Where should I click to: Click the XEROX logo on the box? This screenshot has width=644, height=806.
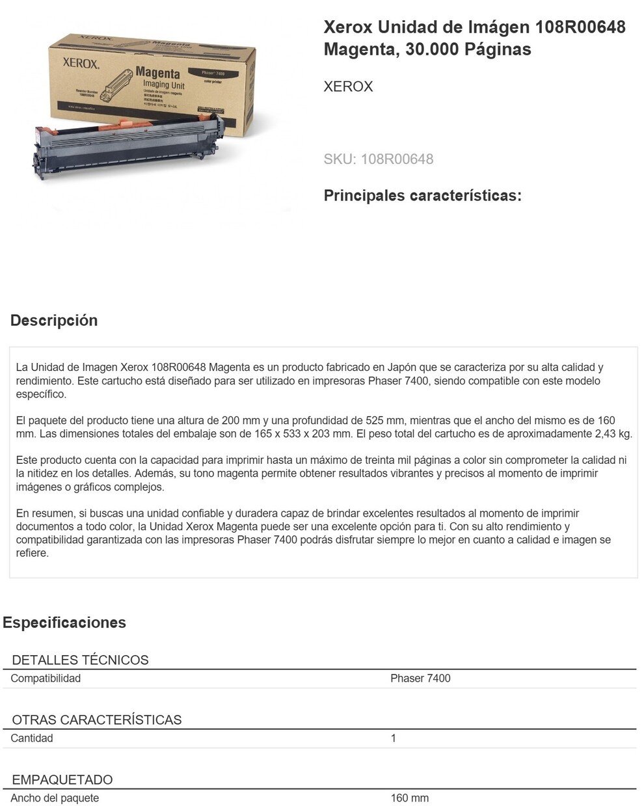click(81, 64)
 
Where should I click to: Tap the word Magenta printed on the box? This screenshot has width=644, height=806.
click(158, 73)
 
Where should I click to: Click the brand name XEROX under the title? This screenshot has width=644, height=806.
click(348, 87)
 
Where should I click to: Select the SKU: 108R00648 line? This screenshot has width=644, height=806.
click(379, 159)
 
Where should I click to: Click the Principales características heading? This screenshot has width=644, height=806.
click(423, 195)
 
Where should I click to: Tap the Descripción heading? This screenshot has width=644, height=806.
click(54, 320)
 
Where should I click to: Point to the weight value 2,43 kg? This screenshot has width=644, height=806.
click(613, 434)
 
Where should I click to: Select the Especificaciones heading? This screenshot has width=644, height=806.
click(64, 623)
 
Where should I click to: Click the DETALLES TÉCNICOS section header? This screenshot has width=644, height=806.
click(80, 660)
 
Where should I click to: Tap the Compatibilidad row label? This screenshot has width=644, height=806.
click(46, 678)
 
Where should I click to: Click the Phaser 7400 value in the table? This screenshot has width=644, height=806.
click(420, 678)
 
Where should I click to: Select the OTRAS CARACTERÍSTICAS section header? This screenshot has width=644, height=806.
click(97, 719)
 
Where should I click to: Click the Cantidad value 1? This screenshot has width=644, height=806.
click(393, 738)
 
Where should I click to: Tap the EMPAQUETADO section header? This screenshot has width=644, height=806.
click(62, 779)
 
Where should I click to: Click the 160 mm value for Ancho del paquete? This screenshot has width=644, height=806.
click(410, 798)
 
